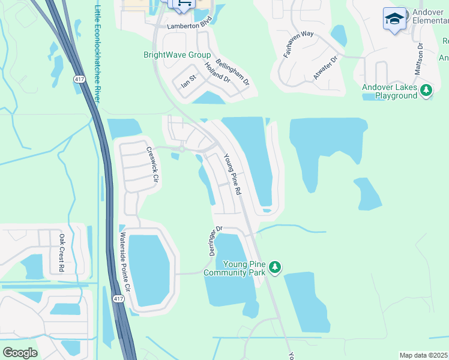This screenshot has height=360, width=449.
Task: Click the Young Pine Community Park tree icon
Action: pyautogui.click(x=275, y=266)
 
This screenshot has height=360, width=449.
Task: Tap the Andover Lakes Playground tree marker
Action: pyautogui.click(x=426, y=90)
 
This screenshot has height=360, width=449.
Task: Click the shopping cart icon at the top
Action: pyautogui.click(x=184, y=4)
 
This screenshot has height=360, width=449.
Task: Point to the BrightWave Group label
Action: pyautogui.click(x=177, y=55)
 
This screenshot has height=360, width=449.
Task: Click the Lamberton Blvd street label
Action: pyautogui.click(x=190, y=26)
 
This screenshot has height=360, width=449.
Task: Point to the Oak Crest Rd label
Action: pyautogui.click(x=61, y=253)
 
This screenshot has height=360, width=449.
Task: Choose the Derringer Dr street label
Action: pyautogui.click(x=215, y=239)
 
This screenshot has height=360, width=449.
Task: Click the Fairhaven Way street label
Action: pyautogui.click(x=298, y=44)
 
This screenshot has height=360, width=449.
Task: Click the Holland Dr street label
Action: pyautogui.click(x=217, y=71)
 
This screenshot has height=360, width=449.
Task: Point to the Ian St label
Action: pyautogui.click(x=188, y=82)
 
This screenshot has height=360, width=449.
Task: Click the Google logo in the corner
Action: pyautogui.click(x=20, y=352)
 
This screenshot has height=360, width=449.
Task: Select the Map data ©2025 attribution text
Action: pyautogui.click(x=424, y=355)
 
